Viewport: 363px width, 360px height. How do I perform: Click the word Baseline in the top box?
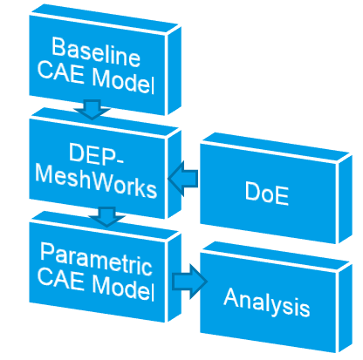[x=96, y=51]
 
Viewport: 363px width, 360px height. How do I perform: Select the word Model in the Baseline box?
[x=123, y=81]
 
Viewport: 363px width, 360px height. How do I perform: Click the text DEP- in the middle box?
[x=96, y=154]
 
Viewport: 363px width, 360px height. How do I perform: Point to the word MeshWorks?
[x=96, y=181]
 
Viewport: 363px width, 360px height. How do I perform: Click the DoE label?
[x=267, y=194]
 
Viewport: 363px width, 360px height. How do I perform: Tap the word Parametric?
[x=96, y=260]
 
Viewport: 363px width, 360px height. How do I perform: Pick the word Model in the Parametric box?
[x=123, y=288]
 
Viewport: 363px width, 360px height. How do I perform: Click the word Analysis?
[x=267, y=302]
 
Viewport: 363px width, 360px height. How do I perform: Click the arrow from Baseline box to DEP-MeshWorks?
[x=92, y=109]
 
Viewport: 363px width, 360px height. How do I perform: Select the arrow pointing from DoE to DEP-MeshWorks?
[x=183, y=179]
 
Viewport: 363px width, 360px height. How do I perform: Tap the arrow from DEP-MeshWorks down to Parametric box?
[x=107, y=216]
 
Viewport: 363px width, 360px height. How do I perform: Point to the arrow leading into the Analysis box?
[x=189, y=282]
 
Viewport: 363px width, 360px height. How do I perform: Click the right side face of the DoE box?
[x=345, y=200]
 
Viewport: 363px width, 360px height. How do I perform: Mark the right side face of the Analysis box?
[x=345, y=308]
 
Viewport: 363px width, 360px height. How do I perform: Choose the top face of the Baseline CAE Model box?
[x=105, y=19]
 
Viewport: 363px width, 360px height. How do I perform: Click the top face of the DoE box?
[x=276, y=147]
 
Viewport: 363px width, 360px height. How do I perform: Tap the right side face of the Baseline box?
[x=175, y=71]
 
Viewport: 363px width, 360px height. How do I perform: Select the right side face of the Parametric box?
[x=175, y=277]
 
